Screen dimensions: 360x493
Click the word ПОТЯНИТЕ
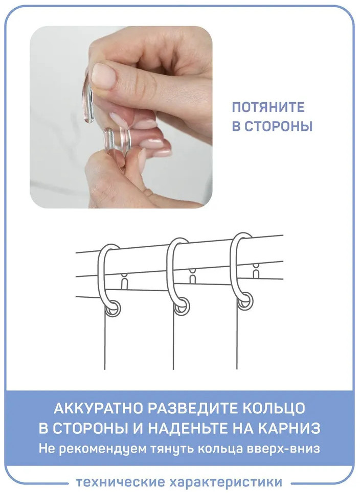(x=268, y=107)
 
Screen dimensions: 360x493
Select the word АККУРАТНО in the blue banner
(x=98, y=408)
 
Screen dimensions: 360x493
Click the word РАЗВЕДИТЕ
(x=192, y=408)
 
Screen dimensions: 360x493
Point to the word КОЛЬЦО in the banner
(x=273, y=408)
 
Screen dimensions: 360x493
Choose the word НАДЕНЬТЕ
(x=187, y=428)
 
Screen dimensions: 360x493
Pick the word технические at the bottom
(x=120, y=482)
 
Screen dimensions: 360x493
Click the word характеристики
(x=226, y=482)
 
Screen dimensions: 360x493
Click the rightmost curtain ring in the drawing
(x=233, y=270)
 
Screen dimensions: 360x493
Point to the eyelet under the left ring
(x=112, y=308)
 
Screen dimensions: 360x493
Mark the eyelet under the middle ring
(x=182, y=306)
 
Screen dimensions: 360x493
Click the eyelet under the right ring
(x=245, y=301)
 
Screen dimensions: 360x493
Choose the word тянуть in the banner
(x=171, y=449)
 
